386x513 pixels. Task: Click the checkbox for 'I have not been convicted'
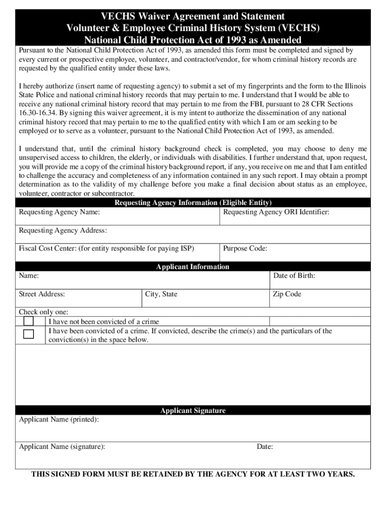pos(29,321)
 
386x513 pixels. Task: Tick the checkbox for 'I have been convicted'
pos(29,334)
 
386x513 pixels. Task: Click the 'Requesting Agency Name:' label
pos(59,212)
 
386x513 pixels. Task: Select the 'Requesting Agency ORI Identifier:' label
pos(276,212)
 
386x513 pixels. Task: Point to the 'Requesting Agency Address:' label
pos(63,230)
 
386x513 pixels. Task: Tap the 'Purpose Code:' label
pos(245,248)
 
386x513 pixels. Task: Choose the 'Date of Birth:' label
pos(294,276)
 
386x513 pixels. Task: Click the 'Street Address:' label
pos(42,294)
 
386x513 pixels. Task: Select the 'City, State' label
pos(161,294)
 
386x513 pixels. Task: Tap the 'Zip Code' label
pos(287,294)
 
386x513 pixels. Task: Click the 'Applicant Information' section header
pos(192,267)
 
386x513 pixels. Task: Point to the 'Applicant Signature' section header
pos(192,410)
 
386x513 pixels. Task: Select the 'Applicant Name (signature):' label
pos(62,446)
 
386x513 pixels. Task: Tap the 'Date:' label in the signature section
pos(265,446)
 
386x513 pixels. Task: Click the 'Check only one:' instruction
pos(44,312)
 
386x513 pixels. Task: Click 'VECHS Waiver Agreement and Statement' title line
pos(192,17)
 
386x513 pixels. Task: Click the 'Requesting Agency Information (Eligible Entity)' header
pos(193,203)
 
